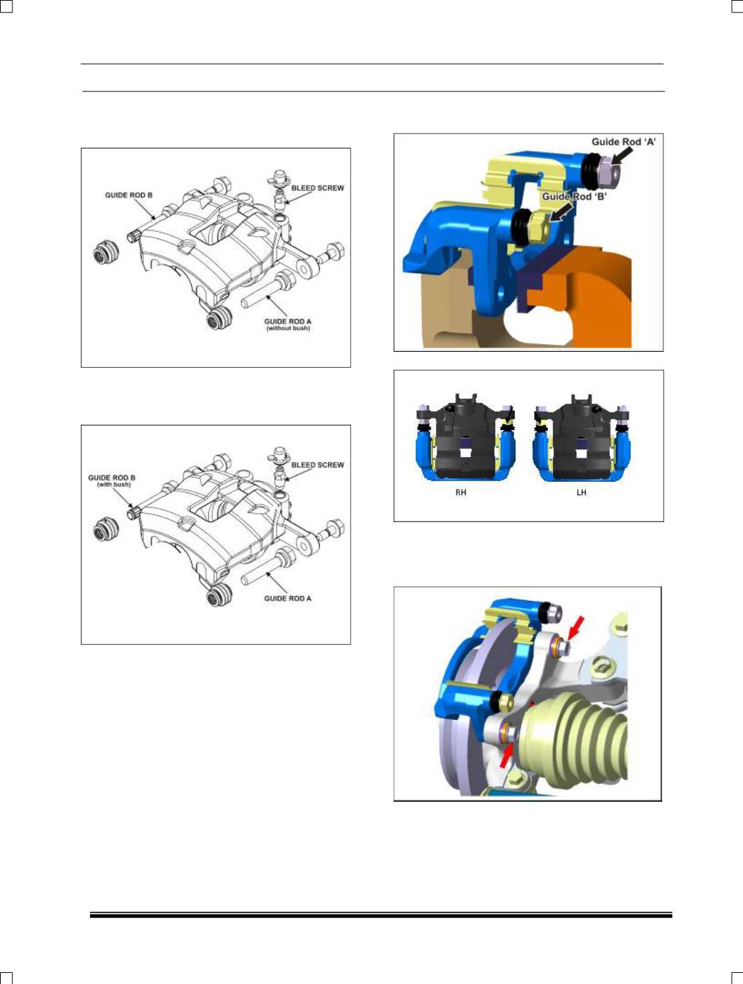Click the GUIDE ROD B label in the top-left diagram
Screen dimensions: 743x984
click(x=129, y=195)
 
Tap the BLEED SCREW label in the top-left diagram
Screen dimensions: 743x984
click(x=318, y=188)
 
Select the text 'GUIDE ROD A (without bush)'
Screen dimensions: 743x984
click(x=288, y=325)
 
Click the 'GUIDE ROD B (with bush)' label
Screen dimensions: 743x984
click(x=111, y=481)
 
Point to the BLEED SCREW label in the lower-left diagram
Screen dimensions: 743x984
click(x=318, y=465)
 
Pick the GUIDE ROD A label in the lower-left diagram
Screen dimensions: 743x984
click(x=288, y=598)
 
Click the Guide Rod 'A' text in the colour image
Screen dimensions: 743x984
click(x=624, y=142)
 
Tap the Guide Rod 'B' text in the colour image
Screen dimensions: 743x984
click(x=574, y=197)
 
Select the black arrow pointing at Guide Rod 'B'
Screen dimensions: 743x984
click(x=561, y=211)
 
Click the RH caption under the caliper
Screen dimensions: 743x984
click(x=461, y=492)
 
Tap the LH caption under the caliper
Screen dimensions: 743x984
click(x=581, y=492)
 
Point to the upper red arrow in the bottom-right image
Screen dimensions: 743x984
click(x=576, y=627)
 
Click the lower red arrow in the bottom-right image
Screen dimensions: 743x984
click(x=506, y=756)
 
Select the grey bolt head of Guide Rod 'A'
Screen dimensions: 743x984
click(x=608, y=171)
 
